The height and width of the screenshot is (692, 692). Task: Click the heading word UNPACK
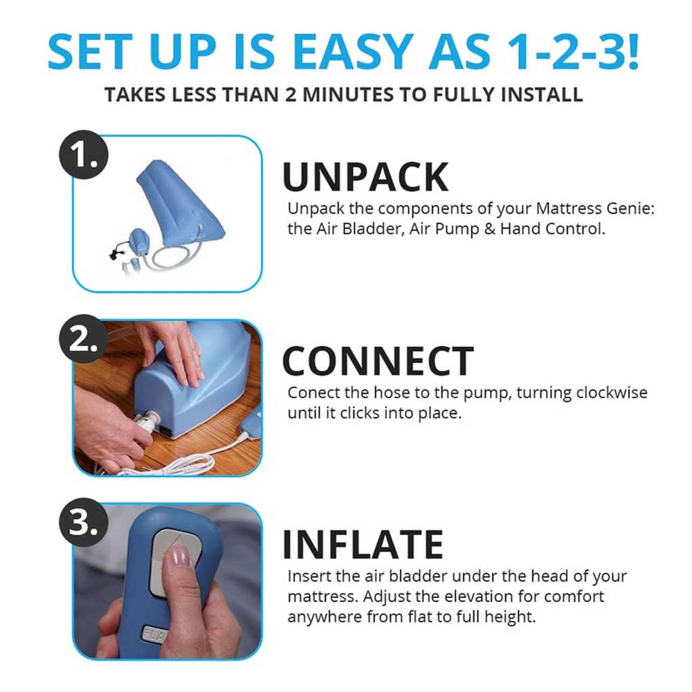pos(365,176)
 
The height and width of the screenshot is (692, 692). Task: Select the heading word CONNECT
pos(378,361)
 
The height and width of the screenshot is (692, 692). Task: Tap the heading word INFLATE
pos(363,545)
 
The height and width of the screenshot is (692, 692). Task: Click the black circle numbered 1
pos(84,154)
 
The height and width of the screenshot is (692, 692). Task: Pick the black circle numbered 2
pos(84,339)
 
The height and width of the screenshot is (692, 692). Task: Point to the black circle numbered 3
pos(84,523)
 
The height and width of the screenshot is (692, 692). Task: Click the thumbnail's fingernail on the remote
pos(180,556)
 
